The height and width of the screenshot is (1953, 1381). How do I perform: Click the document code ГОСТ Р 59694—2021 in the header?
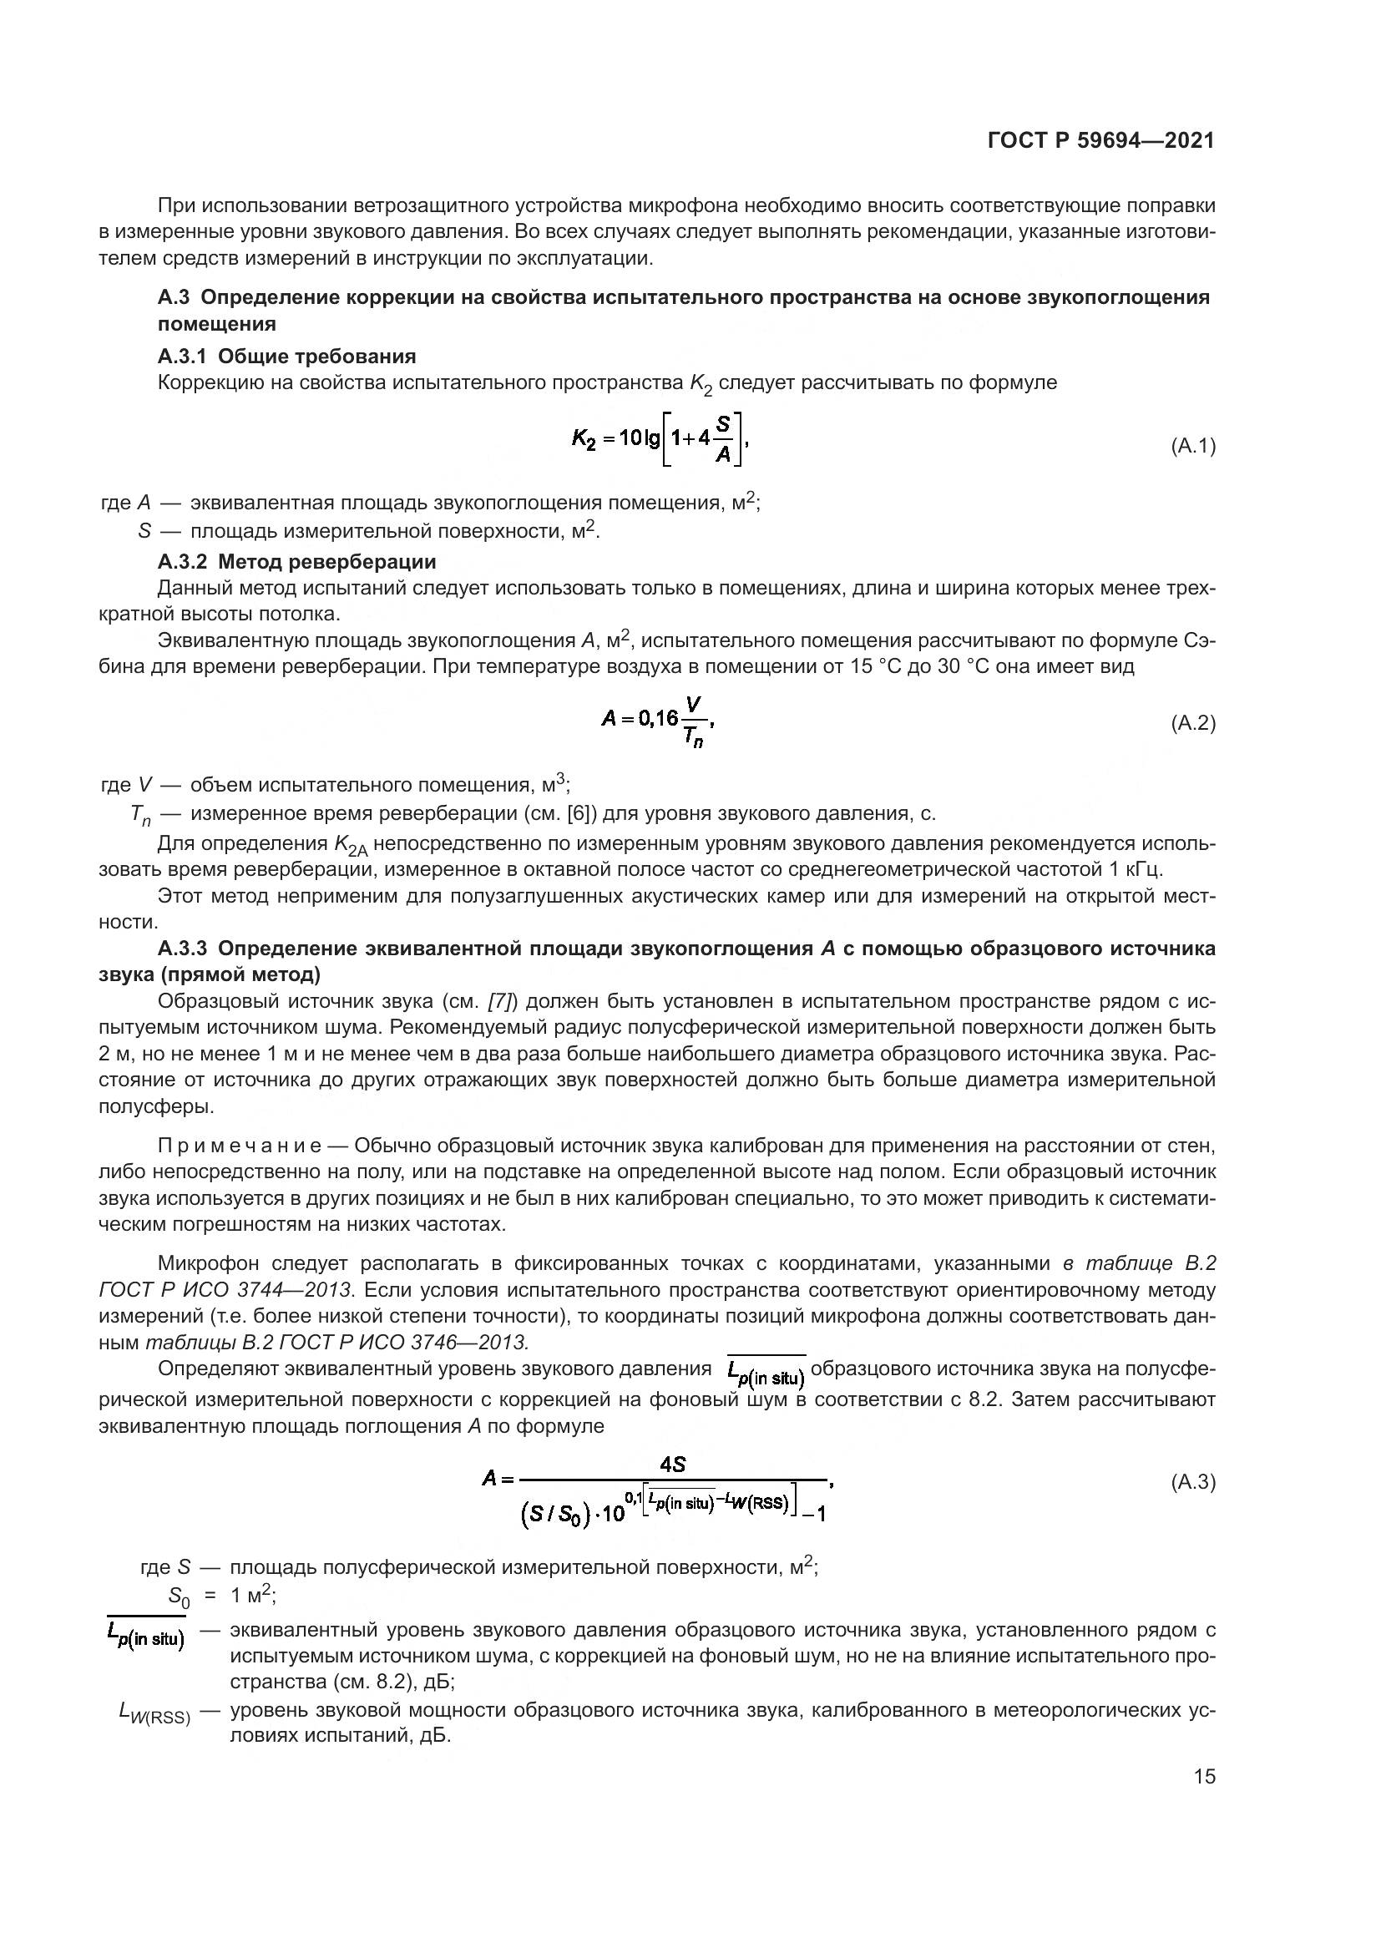1101,140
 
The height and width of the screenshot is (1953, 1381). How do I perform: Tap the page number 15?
1204,1776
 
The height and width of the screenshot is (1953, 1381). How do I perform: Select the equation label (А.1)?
1193,446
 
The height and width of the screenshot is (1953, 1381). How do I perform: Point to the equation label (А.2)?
1193,723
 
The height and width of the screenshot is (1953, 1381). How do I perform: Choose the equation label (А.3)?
1193,1482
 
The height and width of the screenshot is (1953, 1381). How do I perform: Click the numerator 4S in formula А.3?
673,1464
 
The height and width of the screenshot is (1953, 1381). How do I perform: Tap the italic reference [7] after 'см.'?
502,1001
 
